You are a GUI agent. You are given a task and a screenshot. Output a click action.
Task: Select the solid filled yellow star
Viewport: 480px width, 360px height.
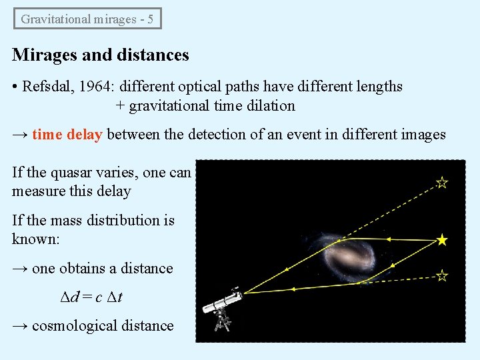pos(441,240)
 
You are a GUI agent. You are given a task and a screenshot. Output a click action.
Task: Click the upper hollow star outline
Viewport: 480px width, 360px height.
pos(441,182)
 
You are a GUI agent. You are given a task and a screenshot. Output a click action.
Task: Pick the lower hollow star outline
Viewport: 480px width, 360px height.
pos(441,275)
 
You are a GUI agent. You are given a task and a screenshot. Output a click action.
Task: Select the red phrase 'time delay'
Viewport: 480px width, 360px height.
pos(67,134)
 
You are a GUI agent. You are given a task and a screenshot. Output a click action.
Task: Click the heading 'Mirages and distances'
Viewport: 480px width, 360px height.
pos(101,55)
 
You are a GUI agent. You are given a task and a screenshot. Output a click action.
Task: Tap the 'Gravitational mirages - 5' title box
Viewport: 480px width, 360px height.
pos(87,19)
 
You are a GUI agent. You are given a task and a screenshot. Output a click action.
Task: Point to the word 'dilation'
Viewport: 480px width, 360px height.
pos(271,105)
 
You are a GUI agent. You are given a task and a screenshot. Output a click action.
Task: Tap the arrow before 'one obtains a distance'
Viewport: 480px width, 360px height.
pos(20,269)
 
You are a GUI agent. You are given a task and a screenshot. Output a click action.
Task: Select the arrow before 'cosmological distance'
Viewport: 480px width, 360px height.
pos(20,326)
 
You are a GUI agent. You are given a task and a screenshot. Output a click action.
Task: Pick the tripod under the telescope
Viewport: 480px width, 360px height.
pos(222,321)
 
